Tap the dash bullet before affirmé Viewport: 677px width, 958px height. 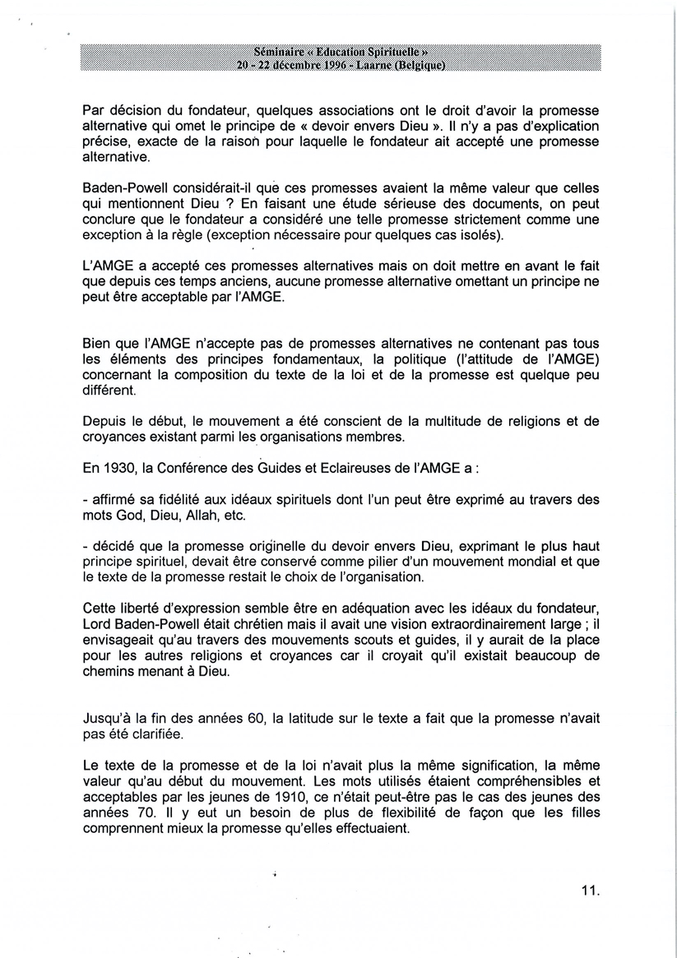coord(86,499)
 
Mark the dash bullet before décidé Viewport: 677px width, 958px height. coord(86,544)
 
